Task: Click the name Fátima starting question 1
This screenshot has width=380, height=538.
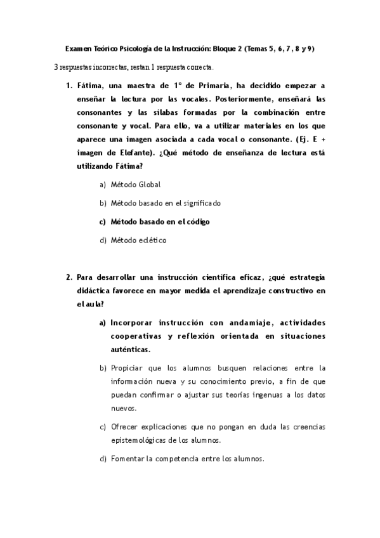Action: pyautogui.click(x=91, y=85)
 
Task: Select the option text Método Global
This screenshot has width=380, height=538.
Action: pyautogui.click(x=135, y=184)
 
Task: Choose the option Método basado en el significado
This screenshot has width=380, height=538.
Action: pyautogui.click(x=166, y=203)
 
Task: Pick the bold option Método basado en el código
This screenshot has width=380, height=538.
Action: pyautogui.click(x=160, y=221)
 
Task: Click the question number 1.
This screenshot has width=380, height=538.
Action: pyautogui.click(x=69, y=85)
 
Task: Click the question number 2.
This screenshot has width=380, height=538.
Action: pyautogui.click(x=69, y=277)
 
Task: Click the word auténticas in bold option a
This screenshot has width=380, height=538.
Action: pyautogui.click(x=131, y=349)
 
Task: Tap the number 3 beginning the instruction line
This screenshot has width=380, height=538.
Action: pyautogui.click(x=56, y=67)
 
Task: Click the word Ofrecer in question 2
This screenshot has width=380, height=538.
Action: pyautogui.click(x=124, y=426)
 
